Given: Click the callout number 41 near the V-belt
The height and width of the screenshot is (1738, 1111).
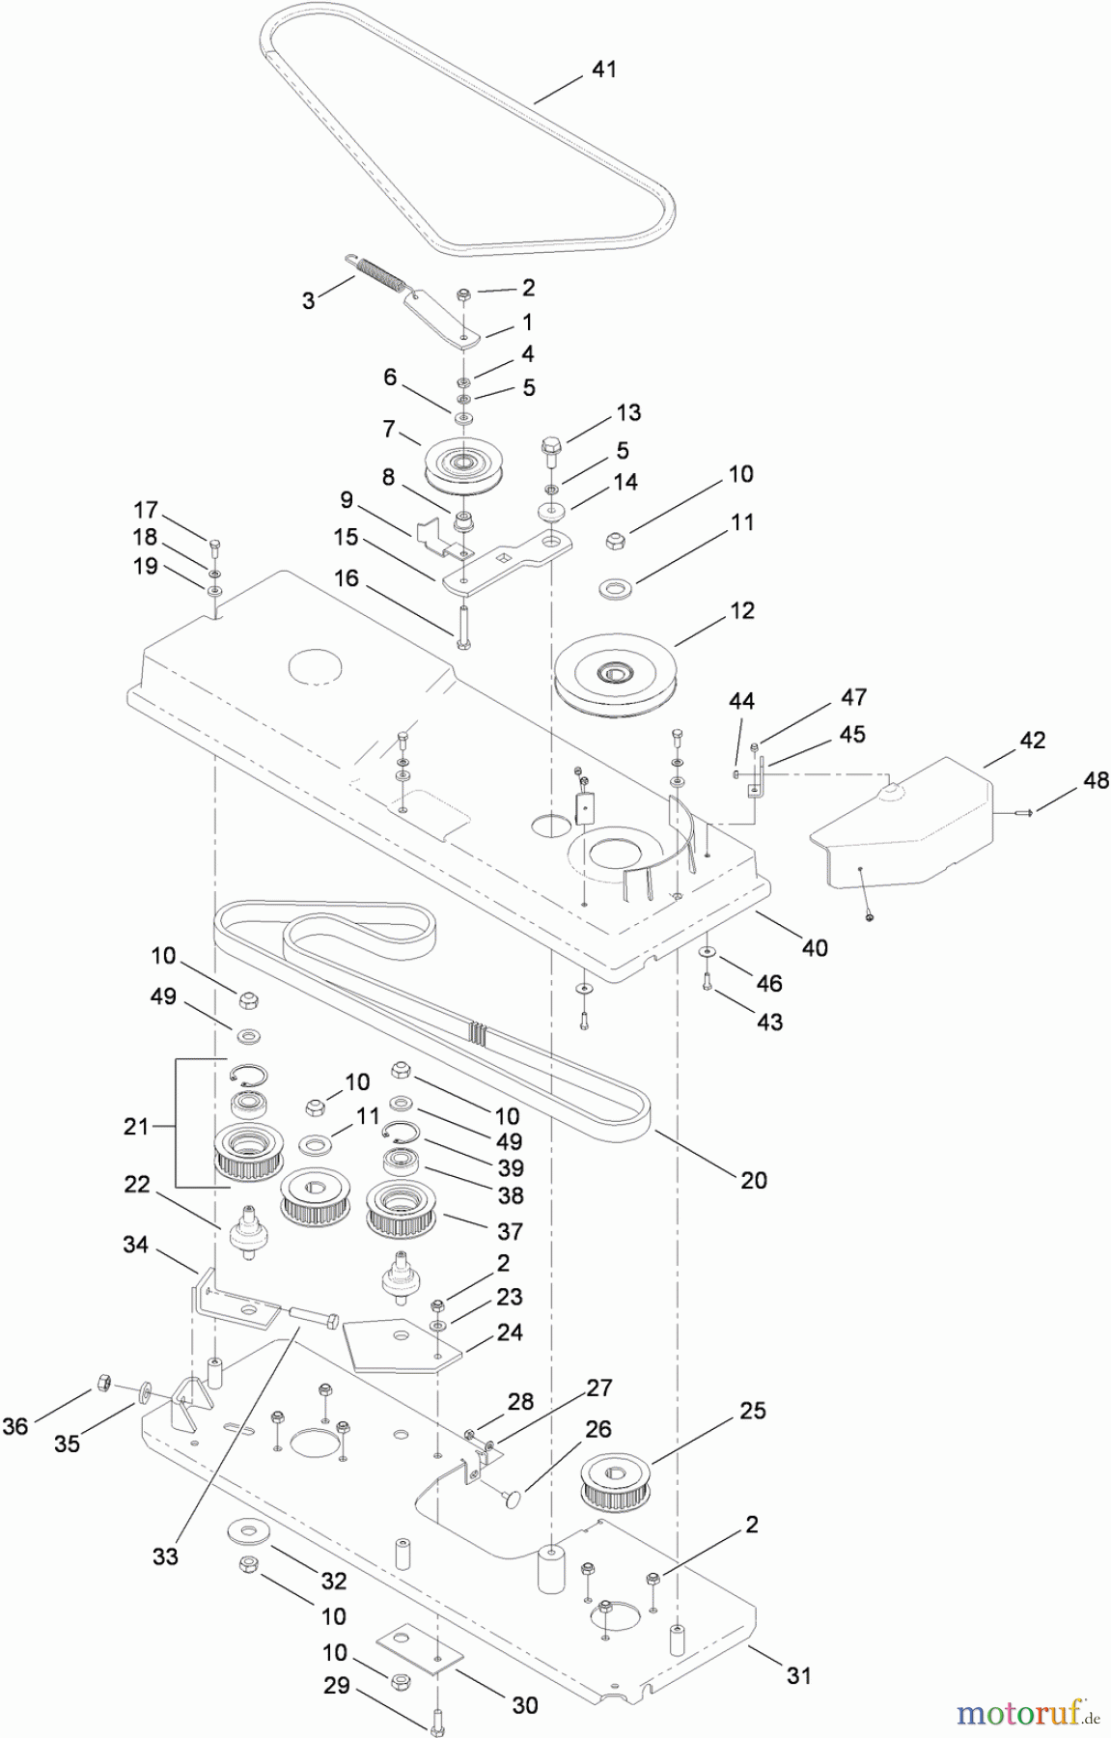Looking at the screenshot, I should pyautogui.click(x=603, y=70).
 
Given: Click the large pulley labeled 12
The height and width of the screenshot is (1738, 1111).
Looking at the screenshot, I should pyautogui.click(x=615, y=675).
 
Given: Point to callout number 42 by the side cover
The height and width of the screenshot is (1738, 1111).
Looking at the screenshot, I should pyautogui.click(x=1032, y=741).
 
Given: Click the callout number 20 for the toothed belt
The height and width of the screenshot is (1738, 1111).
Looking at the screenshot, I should pyautogui.click(x=754, y=1179).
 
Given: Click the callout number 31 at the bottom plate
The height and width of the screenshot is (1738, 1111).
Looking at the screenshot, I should pyautogui.click(x=798, y=1675).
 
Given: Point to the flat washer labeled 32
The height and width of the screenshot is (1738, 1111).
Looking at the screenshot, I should pyautogui.click(x=245, y=1532).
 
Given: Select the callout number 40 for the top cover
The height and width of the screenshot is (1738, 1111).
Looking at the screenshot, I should pyautogui.click(x=815, y=947).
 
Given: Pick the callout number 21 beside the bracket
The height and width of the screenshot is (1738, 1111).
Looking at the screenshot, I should pyautogui.click(x=136, y=1126).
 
